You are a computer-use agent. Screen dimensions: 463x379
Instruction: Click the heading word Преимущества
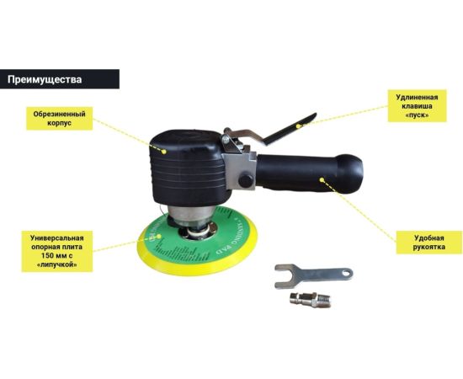(45, 79)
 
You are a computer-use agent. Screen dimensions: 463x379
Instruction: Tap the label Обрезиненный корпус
(60, 119)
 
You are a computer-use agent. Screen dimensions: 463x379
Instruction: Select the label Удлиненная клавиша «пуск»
(417, 106)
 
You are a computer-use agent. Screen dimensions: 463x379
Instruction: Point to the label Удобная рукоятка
(429, 243)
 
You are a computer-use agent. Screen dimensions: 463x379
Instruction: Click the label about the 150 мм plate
(57, 251)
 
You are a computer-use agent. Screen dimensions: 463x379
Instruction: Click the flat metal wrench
(314, 275)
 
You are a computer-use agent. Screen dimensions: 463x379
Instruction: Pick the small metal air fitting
(311, 300)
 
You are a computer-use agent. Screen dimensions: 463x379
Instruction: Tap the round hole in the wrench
(347, 274)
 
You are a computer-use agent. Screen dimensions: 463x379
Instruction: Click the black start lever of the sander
(290, 129)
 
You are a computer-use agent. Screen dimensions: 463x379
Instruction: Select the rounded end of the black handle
(350, 173)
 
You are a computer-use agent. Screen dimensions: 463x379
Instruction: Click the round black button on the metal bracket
(246, 181)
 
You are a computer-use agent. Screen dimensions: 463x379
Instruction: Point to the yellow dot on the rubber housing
(164, 152)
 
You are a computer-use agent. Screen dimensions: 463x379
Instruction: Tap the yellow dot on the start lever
(298, 125)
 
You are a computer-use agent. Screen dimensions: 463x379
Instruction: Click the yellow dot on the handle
(322, 179)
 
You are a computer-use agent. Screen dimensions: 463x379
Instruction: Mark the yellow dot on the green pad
(159, 237)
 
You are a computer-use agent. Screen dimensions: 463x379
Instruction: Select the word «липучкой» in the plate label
(57, 264)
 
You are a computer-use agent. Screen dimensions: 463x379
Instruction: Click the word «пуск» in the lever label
(417, 115)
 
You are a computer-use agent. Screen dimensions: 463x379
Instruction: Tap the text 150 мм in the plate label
(54, 255)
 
